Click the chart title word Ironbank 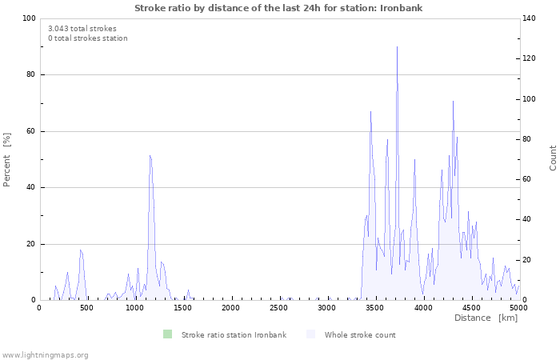coord(401,8)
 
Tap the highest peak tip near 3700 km coord(397,46)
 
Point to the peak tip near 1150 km coord(150,155)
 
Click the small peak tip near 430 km coord(81,250)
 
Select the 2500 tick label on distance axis coord(278,308)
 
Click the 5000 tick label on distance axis coord(518,308)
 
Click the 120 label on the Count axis coord(529,58)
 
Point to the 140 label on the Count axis coord(529,18)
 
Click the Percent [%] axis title coord(6,160)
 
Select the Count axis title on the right coord(553,158)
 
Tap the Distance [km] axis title coord(486,318)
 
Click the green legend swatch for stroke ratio coord(167,334)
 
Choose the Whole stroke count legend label coord(360,335)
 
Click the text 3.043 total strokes coord(82,29)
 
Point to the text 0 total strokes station coord(88,38)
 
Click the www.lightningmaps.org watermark coord(45,355)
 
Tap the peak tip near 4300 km coord(454,101)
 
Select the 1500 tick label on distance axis coord(183,308)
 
